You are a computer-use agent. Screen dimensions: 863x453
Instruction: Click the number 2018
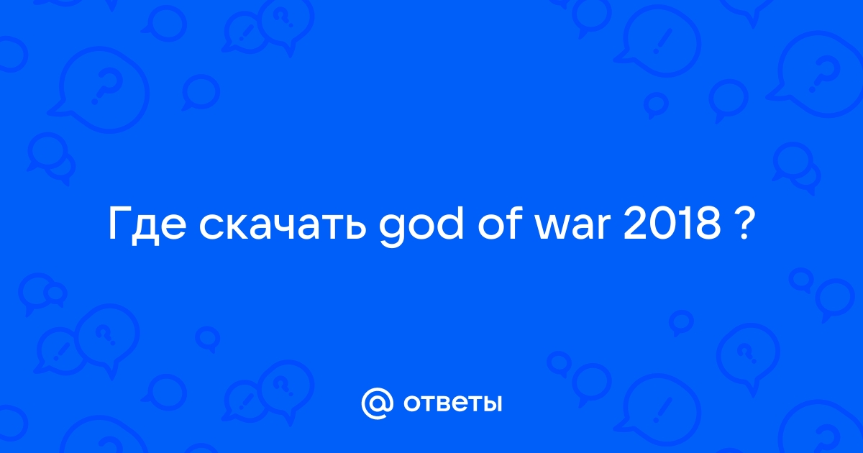point(672,224)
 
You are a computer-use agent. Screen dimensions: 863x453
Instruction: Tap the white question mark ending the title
point(740,224)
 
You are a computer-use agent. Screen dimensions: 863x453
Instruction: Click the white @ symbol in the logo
point(377,403)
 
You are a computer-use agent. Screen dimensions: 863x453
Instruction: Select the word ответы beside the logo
point(452,403)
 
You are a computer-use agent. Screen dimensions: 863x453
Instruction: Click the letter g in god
point(392,230)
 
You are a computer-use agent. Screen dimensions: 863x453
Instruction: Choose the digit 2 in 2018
point(635,224)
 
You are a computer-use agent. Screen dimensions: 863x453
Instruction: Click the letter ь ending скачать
point(355,227)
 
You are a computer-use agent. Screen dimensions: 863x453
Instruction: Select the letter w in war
point(550,227)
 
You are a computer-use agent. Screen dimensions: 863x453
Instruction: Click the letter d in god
point(449,222)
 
